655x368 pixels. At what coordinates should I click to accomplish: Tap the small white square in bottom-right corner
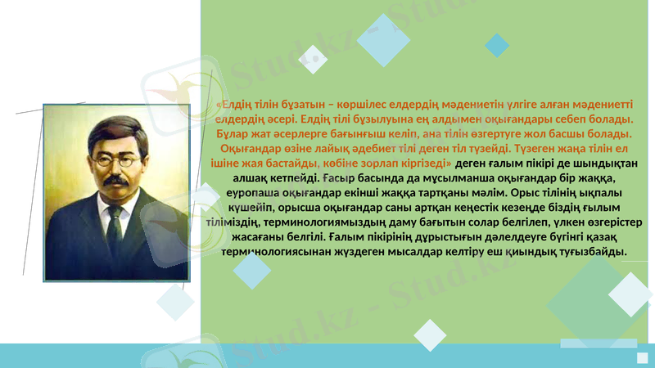[643, 357]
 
